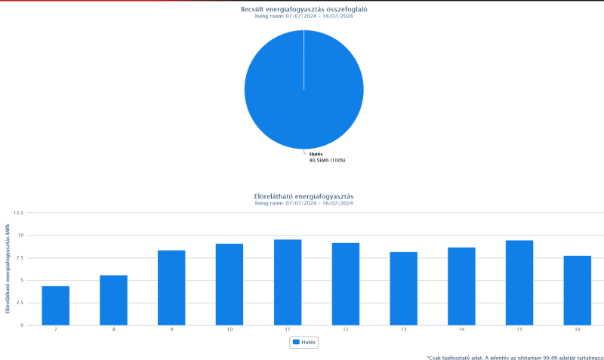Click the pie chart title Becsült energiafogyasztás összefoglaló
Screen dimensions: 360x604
[304, 9]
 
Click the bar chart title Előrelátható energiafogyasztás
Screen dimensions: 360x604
[304, 196]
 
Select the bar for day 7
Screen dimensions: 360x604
[55, 306]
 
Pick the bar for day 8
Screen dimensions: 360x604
[113, 300]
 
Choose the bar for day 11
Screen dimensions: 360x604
[288, 282]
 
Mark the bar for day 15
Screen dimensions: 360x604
[519, 283]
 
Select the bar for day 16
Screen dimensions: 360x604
[578, 291]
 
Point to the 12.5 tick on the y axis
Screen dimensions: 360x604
[18, 213]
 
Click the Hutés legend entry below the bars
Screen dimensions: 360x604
[304, 342]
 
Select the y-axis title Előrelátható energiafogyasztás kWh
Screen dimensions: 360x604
[8, 268]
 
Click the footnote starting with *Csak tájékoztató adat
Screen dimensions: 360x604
[514, 356]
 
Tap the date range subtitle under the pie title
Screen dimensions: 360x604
[304, 17]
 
